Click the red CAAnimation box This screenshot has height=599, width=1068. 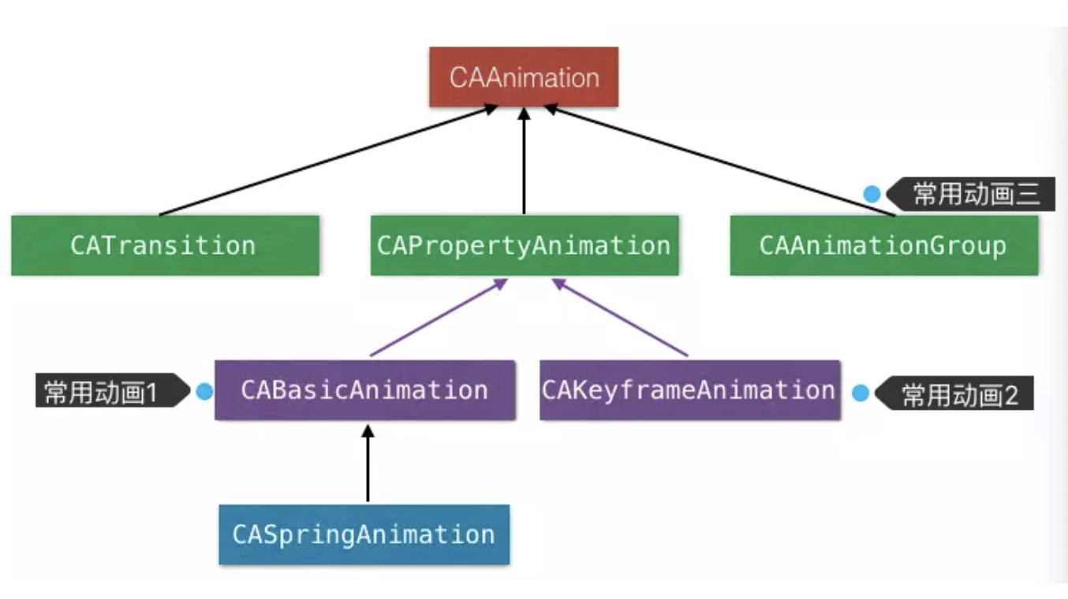click(524, 77)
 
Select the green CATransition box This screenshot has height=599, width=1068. click(165, 245)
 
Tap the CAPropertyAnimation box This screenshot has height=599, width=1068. click(524, 245)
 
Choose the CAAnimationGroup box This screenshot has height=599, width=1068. click(883, 245)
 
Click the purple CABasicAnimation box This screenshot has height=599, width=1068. click(364, 390)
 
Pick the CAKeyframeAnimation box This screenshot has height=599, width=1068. click(689, 390)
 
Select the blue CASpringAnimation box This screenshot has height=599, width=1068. click(364, 534)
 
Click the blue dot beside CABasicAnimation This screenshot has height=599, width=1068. click(204, 392)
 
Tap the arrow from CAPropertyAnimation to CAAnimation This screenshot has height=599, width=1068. click(524, 162)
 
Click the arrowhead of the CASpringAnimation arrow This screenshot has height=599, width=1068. click(367, 431)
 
